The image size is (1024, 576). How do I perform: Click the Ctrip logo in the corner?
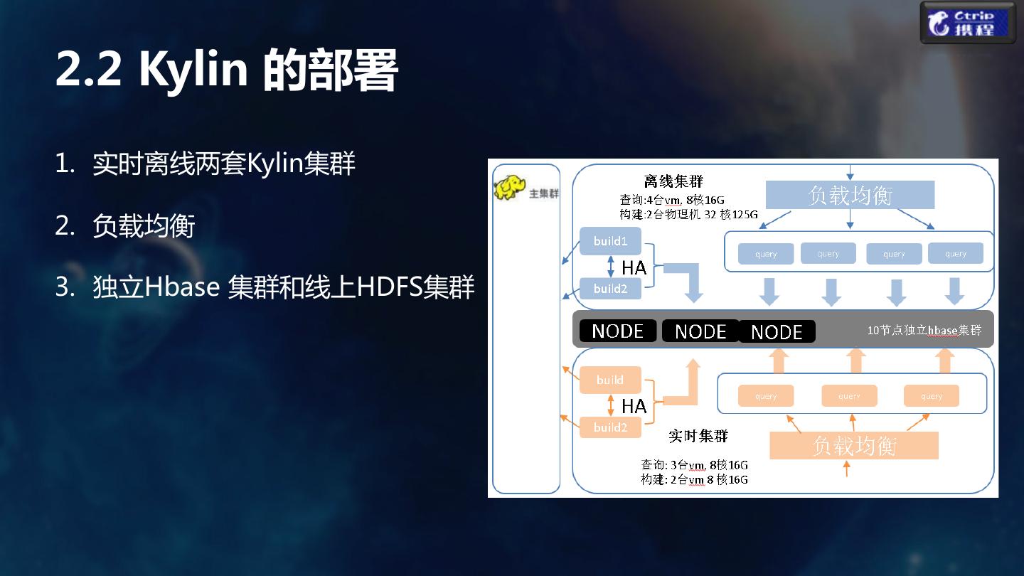pos(969,23)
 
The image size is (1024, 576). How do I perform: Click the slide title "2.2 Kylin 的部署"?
pos(226,70)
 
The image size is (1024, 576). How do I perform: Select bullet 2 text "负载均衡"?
pos(144,227)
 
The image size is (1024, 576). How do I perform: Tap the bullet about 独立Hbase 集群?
pos(283,288)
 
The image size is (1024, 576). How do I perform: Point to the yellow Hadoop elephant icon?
pos(509,188)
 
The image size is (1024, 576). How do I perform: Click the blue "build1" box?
pos(610,241)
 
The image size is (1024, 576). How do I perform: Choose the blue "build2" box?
pos(610,289)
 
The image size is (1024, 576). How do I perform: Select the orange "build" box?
pos(610,380)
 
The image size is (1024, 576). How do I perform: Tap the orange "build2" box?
pos(610,427)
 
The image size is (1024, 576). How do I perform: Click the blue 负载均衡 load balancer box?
pos(850,195)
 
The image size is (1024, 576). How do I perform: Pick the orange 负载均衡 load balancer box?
pos(854,446)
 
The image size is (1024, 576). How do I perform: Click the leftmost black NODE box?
pos(617,331)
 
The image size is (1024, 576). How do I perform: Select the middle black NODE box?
pos(700,331)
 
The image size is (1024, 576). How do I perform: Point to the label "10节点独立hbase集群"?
pos(924,331)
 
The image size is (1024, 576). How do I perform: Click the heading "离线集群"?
pos(673,181)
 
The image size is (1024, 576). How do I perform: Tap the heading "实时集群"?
pos(698,435)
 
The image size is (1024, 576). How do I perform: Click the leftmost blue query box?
pos(766,254)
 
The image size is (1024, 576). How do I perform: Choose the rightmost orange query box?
pos(931,396)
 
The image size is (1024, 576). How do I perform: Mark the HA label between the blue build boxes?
pos(634,267)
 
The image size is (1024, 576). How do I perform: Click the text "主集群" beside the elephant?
pos(544,193)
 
